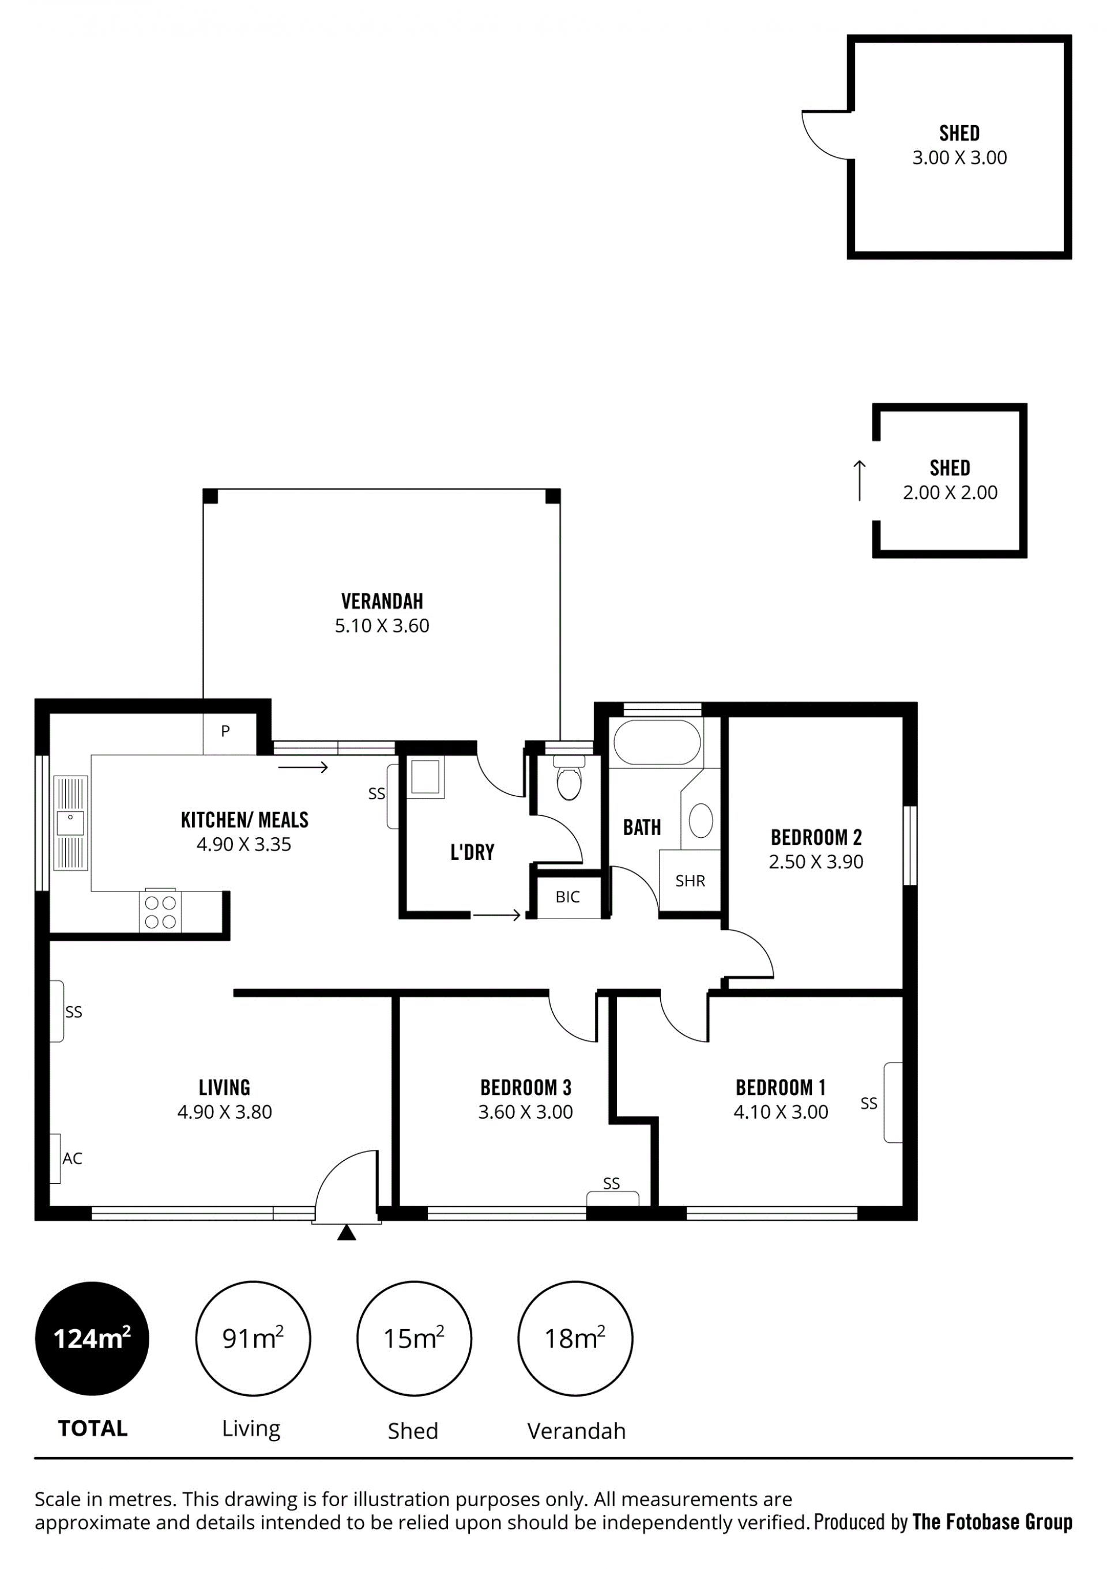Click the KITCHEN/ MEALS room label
coord(244,820)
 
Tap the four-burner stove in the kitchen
coord(161,912)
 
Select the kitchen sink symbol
coord(70,823)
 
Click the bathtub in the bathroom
coord(657,742)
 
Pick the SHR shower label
coord(690,881)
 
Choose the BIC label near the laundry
coord(568,897)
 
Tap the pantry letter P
coord(225,731)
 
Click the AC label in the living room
coord(73,1158)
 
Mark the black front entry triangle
coord(347,1232)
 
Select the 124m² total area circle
coord(92,1338)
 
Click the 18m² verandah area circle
coord(575,1338)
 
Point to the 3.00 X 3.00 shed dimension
coord(959,158)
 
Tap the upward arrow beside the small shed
coord(860,480)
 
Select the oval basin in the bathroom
coord(701,820)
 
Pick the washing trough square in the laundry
coord(425,777)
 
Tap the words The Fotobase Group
coord(992,1522)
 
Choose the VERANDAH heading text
coord(382,601)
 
